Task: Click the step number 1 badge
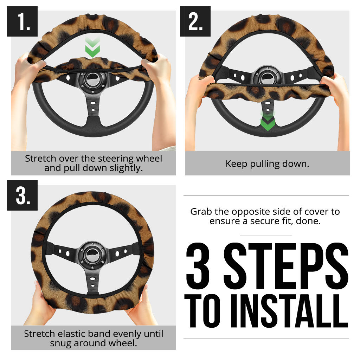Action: tap(22, 21)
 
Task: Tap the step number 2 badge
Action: tap(195, 21)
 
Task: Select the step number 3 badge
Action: tap(22, 195)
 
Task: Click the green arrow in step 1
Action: tap(92, 47)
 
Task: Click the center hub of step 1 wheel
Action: tap(93, 81)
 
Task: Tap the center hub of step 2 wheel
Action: tap(267, 77)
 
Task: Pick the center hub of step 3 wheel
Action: tap(92, 255)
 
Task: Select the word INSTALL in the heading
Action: tap(290, 311)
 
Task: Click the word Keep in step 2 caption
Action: tap(236, 164)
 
